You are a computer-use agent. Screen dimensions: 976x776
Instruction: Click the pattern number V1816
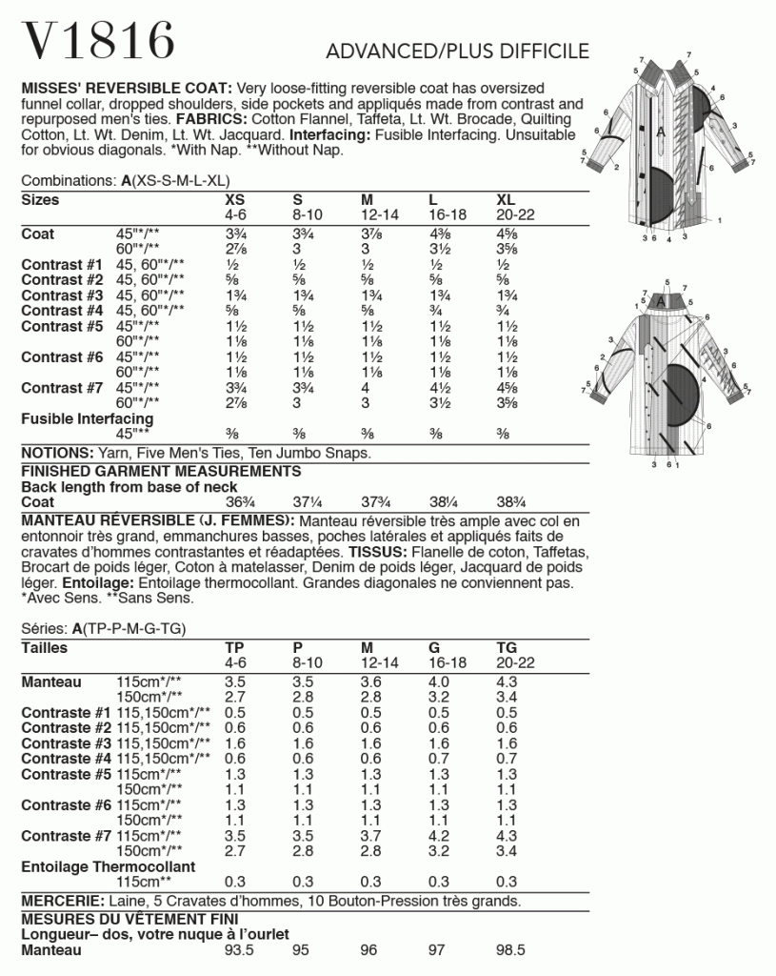coord(98,41)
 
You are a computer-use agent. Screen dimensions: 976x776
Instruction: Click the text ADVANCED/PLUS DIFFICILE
coord(457,51)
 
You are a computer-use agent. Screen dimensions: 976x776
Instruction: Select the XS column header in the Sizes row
coord(234,200)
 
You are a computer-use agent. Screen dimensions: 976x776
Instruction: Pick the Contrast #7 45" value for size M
coord(367,388)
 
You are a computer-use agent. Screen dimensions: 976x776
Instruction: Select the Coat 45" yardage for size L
coord(440,234)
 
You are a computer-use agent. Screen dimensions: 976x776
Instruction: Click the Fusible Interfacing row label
coord(88,418)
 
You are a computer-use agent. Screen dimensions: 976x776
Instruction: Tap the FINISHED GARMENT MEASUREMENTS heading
coord(161,471)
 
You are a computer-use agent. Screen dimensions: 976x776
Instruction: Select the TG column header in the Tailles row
coord(507,648)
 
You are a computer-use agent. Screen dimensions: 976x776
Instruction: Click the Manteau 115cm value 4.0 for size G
coord(440,682)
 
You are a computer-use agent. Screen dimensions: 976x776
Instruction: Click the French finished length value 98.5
coord(511,950)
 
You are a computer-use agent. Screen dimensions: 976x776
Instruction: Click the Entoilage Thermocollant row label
coord(108,866)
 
